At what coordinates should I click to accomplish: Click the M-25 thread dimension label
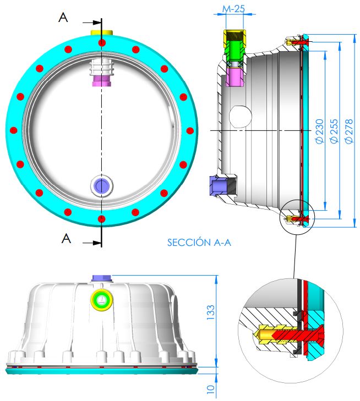[233, 9]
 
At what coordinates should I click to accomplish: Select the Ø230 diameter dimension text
[319, 131]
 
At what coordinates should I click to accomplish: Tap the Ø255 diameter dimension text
[334, 131]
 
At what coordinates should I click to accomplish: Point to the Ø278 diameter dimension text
[349, 131]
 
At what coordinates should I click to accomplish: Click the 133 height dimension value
[211, 312]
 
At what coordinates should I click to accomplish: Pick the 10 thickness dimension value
[211, 389]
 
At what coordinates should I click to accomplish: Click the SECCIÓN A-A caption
[199, 242]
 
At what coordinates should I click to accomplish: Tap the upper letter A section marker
[63, 18]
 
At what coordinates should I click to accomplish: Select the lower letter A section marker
[66, 238]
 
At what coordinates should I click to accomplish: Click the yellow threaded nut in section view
[235, 39]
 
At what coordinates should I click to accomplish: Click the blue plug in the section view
[218, 185]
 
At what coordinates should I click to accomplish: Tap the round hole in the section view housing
[241, 117]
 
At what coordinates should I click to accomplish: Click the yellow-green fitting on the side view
[102, 300]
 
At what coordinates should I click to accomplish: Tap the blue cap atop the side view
[102, 278]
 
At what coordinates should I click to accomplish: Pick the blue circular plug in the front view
[102, 185]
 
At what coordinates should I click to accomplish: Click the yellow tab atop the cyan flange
[102, 33]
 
